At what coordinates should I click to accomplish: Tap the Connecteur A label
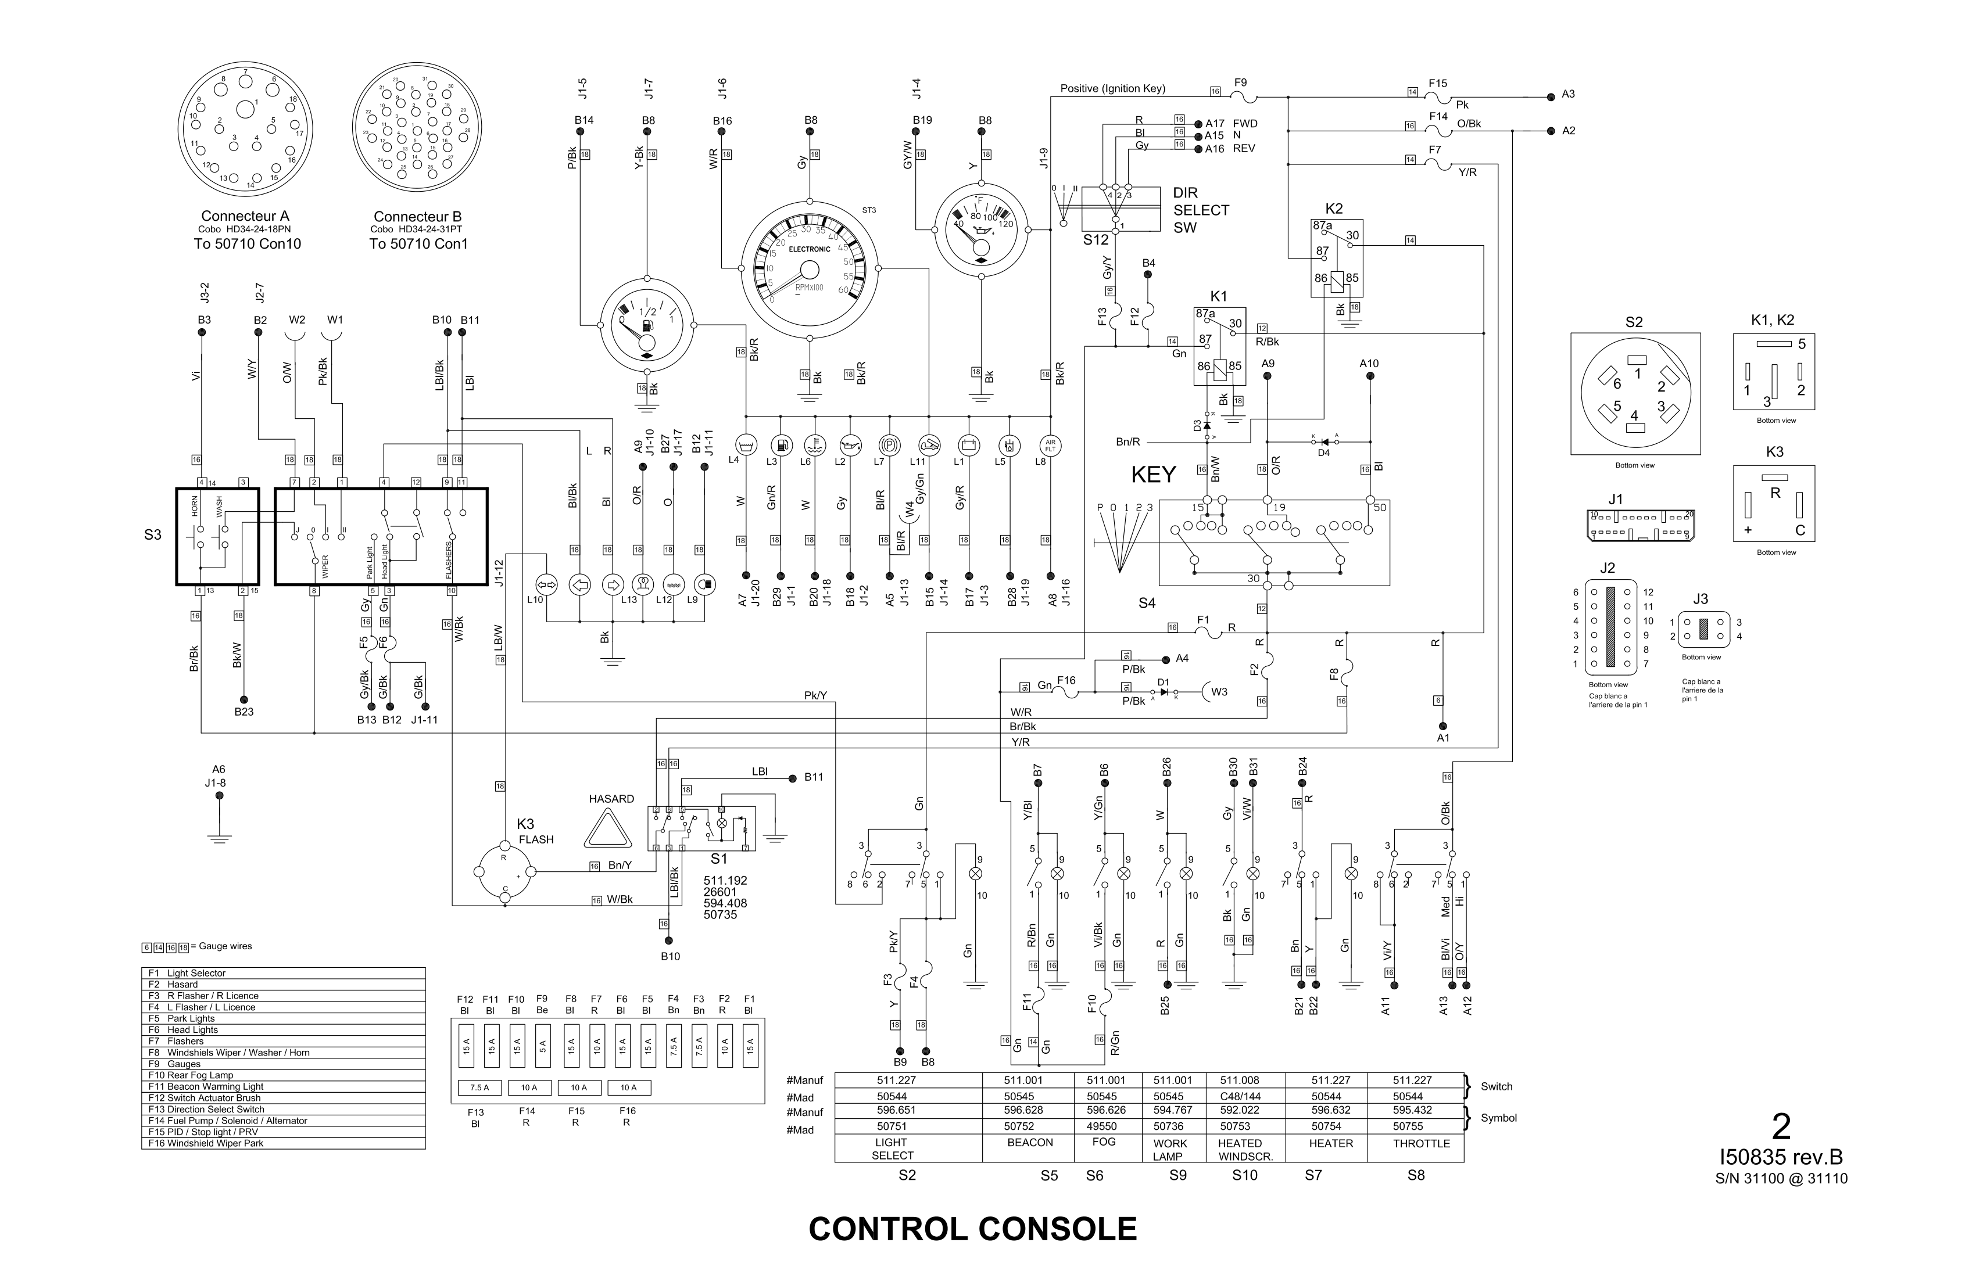245,217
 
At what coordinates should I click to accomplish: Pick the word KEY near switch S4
1153,475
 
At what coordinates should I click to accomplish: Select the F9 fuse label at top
1240,83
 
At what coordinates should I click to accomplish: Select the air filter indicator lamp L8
1050,445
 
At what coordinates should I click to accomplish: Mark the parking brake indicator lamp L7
889,445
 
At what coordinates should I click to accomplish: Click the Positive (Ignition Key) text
1112,89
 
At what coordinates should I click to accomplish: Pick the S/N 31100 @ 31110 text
1782,1179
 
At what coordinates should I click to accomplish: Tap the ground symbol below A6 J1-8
219,838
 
